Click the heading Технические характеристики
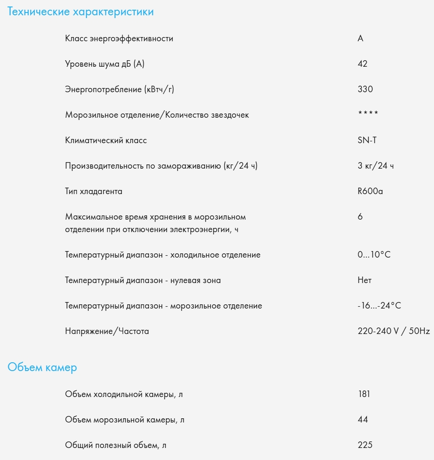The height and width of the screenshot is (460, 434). (80, 12)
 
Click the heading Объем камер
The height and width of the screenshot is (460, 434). (42, 368)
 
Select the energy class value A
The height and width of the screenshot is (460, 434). (360, 38)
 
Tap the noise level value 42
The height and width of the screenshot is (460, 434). (363, 64)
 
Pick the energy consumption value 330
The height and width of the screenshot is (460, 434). (365, 89)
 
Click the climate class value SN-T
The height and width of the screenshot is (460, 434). (367, 140)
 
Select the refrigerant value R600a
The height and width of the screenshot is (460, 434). (370, 191)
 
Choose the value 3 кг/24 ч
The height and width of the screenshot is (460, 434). (376, 166)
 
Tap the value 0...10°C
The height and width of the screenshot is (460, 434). (374, 255)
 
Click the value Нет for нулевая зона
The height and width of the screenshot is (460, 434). (365, 280)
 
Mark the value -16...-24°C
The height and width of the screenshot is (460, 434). (379, 306)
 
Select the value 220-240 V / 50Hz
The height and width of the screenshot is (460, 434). (394, 331)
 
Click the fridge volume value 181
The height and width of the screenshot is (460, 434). (364, 394)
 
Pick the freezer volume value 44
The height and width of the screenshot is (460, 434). (363, 420)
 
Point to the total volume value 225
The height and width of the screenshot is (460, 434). (365, 445)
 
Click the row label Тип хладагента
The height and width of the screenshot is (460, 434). (94, 191)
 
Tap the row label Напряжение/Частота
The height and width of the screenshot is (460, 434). (107, 331)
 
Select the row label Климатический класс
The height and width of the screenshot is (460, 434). (106, 140)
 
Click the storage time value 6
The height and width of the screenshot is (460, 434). (360, 217)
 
